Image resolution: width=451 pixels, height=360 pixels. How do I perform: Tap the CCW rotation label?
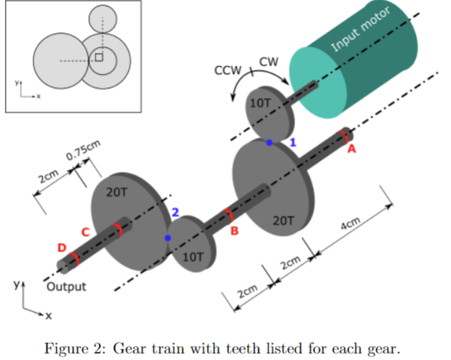228,71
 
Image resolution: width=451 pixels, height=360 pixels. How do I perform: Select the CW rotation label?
268,62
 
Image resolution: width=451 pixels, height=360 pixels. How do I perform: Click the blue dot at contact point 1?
269,143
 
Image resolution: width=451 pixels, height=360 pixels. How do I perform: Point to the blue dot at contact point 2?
168,238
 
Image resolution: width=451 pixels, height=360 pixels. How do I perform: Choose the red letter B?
234,231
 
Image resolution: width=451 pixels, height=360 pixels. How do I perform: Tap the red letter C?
85,232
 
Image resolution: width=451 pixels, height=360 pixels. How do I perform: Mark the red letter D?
62,248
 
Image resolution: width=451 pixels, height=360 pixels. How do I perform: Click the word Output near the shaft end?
66,287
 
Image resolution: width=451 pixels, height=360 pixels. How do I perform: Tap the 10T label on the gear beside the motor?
260,102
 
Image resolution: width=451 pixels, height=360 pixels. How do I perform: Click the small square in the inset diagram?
99,56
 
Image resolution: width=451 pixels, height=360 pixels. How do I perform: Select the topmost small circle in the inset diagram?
102,17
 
